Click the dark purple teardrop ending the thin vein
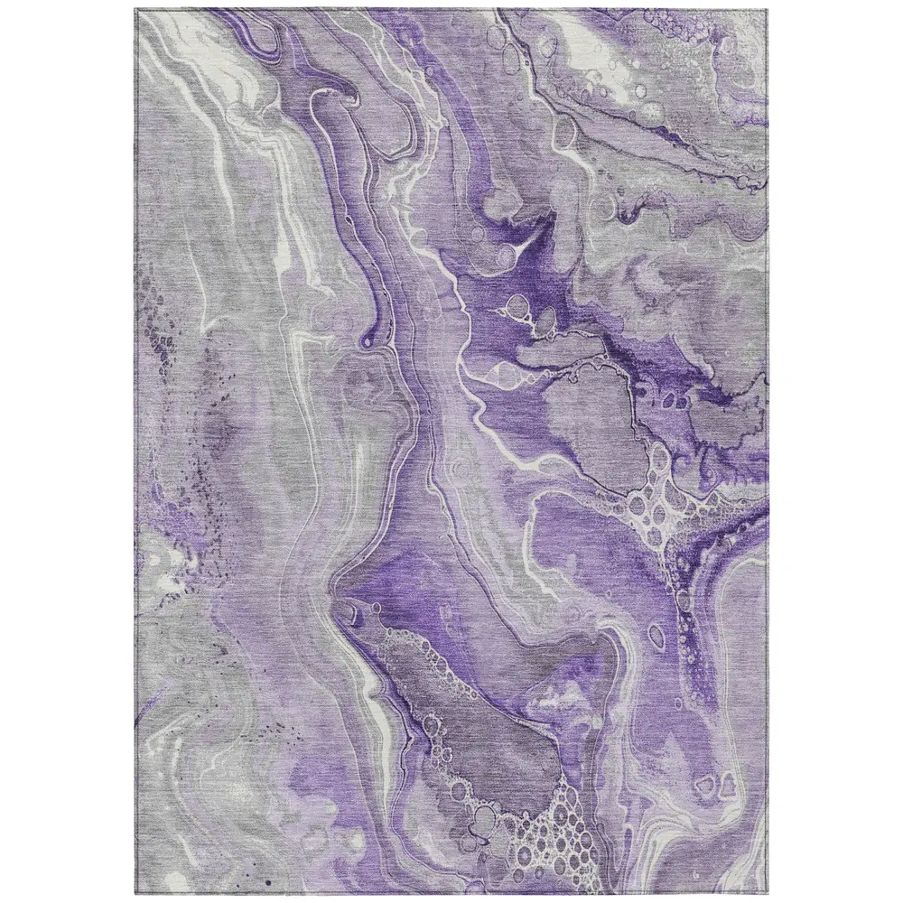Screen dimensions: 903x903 (x=368, y=340)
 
